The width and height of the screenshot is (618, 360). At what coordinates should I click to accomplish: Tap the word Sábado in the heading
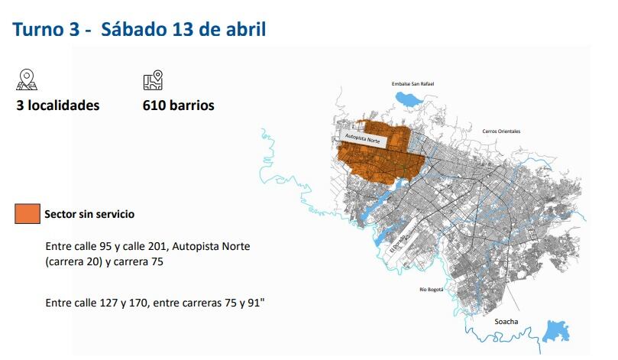coord(134,30)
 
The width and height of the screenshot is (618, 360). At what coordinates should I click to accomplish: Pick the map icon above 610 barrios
coord(154,79)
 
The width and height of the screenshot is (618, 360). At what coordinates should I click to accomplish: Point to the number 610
coord(155,105)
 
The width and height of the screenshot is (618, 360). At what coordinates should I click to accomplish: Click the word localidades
coord(66,105)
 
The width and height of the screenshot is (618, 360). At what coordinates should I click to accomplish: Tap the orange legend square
coord(26,214)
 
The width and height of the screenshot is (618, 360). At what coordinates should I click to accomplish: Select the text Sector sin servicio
coord(89,214)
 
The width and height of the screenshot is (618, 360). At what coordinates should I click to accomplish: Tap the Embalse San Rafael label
coord(413,83)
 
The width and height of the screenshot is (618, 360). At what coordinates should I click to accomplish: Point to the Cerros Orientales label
coord(501,131)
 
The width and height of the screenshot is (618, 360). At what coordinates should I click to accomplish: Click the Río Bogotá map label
coord(432,289)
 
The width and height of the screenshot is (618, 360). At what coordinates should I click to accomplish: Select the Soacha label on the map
coord(506,321)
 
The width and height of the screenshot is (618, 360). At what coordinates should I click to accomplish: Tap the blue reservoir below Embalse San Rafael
coord(409,99)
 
